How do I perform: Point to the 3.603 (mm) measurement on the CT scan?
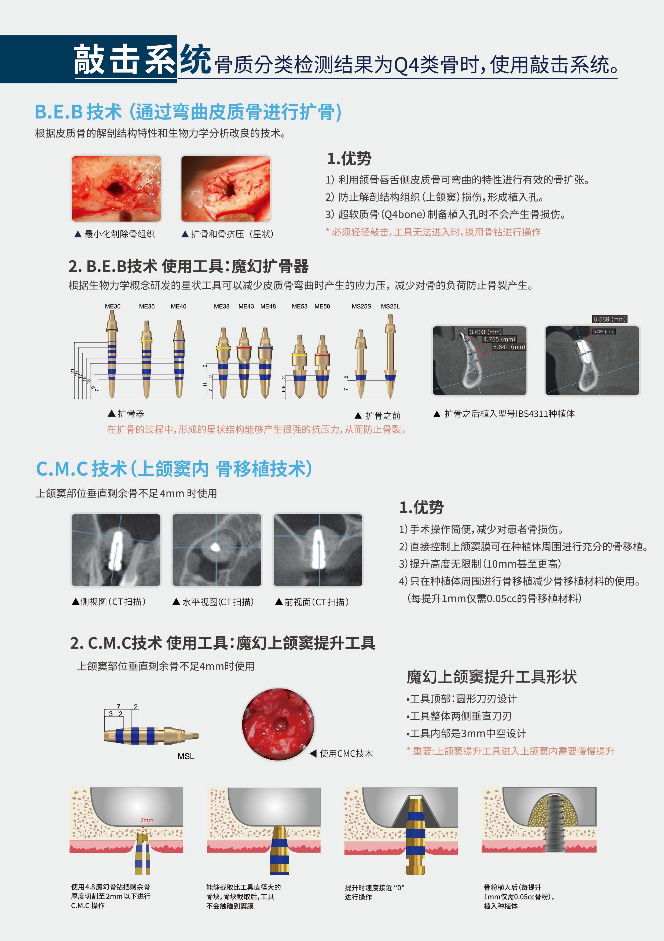point(485,332)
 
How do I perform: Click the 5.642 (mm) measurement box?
point(509,347)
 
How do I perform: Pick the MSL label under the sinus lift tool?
point(186,756)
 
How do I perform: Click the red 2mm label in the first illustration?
point(147,820)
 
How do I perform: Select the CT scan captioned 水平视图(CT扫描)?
point(217,550)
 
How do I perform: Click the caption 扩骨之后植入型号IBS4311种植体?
point(509,414)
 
